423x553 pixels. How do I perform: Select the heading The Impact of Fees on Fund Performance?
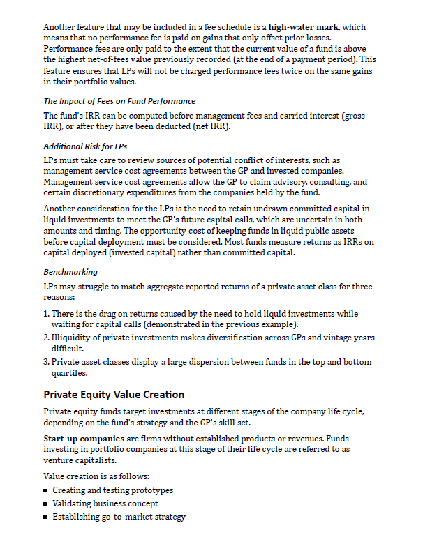(x=119, y=101)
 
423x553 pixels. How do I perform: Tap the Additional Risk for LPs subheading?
(x=85, y=146)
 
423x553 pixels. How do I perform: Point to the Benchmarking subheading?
(x=70, y=271)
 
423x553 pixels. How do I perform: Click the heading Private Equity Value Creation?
(x=114, y=395)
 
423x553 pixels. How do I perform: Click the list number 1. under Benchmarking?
(x=46, y=315)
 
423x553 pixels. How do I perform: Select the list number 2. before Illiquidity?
(x=46, y=338)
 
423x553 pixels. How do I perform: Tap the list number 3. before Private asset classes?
(x=46, y=362)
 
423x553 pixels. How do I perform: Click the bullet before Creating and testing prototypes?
(x=46, y=491)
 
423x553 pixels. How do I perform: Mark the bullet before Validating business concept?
(x=46, y=503)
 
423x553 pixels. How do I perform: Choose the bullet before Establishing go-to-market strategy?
(x=46, y=517)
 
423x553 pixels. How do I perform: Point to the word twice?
(x=252, y=72)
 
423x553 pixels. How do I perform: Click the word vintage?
(x=325, y=338)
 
